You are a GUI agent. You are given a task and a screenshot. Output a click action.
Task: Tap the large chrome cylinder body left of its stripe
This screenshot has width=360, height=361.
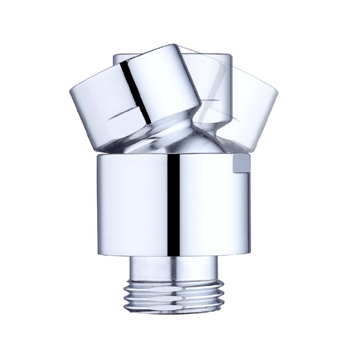pyautogui.click(x=131, y=205)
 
